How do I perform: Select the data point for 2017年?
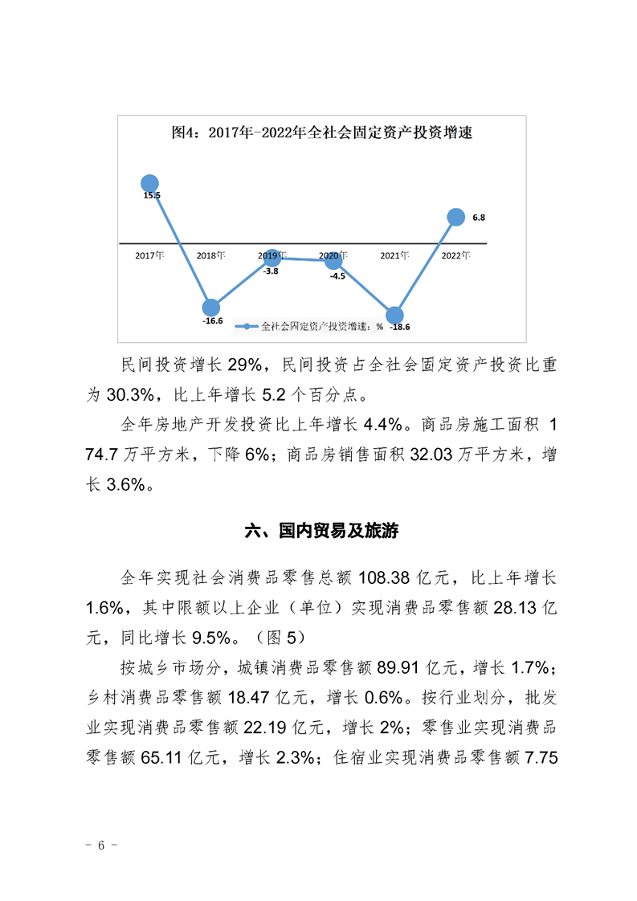click(149, 183)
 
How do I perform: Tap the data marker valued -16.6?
click(210, 308)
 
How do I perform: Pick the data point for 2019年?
click(272, 257)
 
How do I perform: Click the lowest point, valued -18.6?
click(394, 316)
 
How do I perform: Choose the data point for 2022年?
click(455, 217)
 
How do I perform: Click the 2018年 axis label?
click(210, 255)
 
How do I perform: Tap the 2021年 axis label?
click(394, 255)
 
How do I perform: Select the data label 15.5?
click(151, 195)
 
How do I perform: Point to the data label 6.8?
click(479, 218)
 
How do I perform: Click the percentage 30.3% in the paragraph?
click(131, 395)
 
